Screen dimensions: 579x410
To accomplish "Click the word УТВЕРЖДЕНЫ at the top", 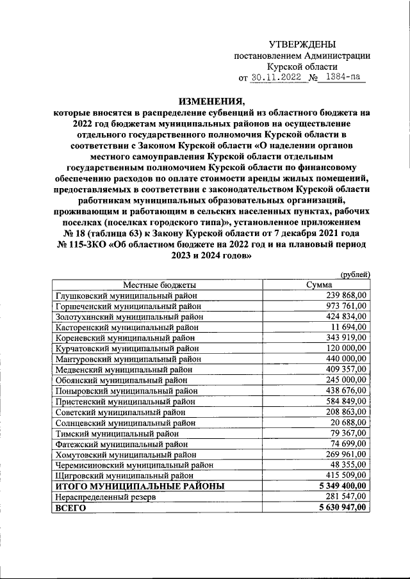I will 301,44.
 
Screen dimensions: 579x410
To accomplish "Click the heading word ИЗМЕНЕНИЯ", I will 211,100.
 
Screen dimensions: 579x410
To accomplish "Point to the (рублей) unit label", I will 355,274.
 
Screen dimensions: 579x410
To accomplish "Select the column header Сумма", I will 319,285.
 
